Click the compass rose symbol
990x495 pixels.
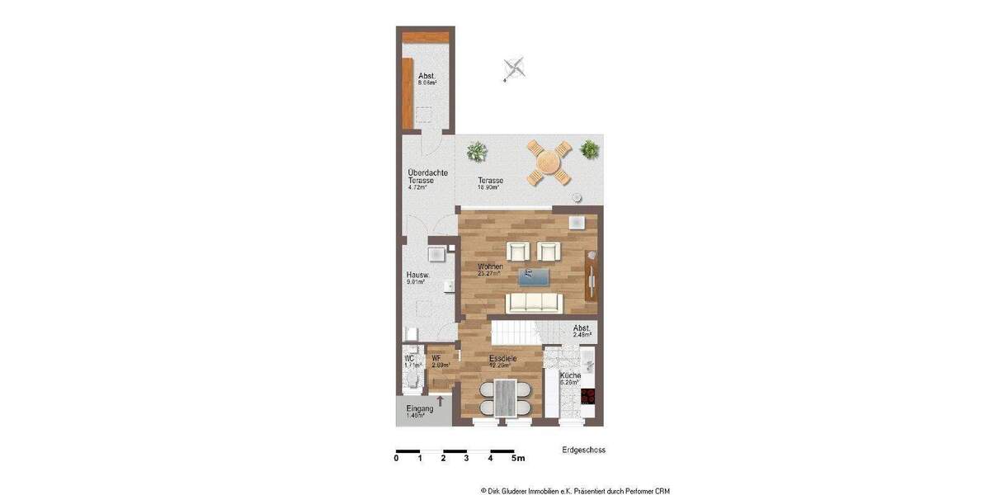click(515, 68)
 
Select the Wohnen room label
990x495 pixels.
click(491, 266)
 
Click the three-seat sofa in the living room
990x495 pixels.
click(533, 304)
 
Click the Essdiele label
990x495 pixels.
click(502, 359)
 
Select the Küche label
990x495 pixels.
click(570, 375)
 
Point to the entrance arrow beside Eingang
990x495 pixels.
click(441, 402)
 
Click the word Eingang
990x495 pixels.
click(419, 409)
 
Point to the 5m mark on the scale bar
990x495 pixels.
click(518, 457)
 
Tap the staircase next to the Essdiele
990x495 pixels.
click(516, 334)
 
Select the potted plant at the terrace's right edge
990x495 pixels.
click(589, 150)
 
